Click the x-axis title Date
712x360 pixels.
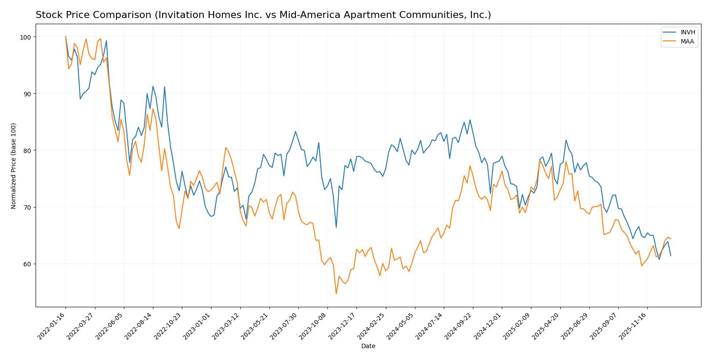click(x=368, y=346)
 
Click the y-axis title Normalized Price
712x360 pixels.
click(x=14, y=166)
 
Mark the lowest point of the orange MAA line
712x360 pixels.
click(x=336, y=294)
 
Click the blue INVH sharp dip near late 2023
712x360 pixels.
click(x=336, y=227)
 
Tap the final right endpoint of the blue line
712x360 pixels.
click(x=671, y=255)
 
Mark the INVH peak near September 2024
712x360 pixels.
click(x=470, y=120)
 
